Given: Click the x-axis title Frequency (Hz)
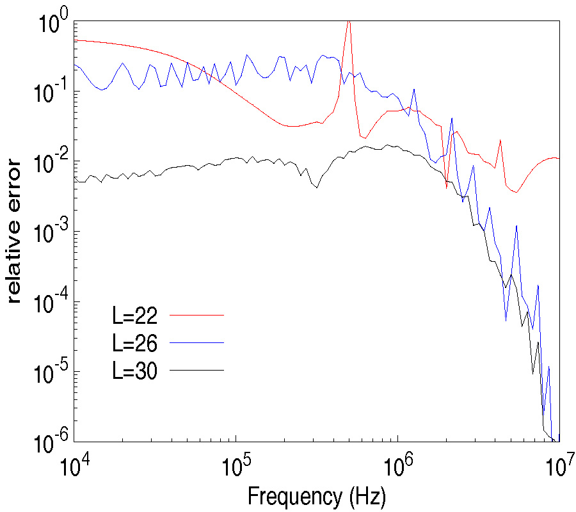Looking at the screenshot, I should [316, 496].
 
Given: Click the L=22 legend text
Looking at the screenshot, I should [134, 316].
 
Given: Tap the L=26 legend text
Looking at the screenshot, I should [134, 344].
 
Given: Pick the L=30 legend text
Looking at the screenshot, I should [134, 372].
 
